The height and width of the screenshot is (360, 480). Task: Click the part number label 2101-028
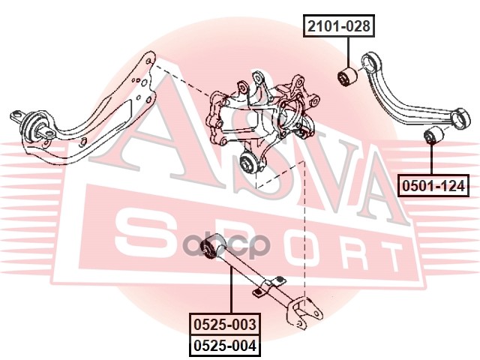click(x=337, y=27)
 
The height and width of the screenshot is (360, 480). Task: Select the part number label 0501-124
click(x=432, y=184)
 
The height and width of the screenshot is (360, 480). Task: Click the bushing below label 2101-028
click(x=346, y=76)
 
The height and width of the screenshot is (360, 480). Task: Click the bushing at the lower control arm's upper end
click(x=217, y=244)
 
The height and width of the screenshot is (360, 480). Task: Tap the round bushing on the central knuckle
click(x=250, y=162)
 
